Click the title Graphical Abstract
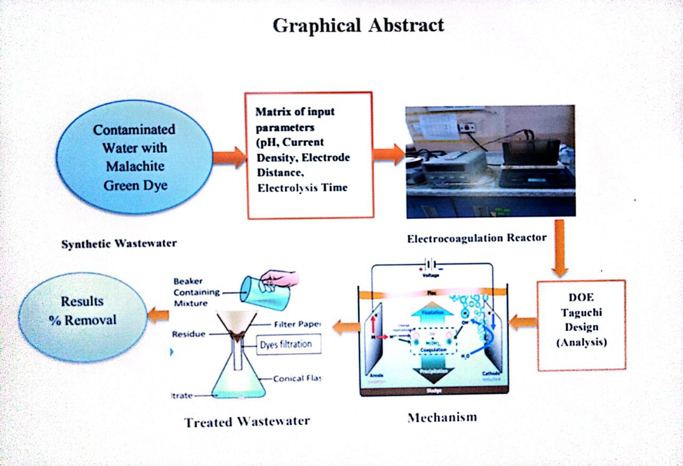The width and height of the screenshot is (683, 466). tap(358, 25)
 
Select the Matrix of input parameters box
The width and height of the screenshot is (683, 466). tap(309, 155)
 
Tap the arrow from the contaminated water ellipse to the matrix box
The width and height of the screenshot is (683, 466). tap(229, 157)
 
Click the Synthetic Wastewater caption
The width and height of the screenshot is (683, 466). tap(118, 244)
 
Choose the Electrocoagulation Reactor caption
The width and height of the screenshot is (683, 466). tap(476, 238)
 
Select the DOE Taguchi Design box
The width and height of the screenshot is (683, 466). tap(582, 324)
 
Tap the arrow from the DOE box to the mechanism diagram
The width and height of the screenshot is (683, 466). tap(522, 322)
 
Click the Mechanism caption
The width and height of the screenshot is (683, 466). tap(442, 417)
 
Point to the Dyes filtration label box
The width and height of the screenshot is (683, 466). tap(289, 344)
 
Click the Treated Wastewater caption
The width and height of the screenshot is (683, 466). tap(247, 422)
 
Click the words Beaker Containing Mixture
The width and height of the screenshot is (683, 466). tap(196, 292)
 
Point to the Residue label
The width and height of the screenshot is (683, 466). tap(189, 335)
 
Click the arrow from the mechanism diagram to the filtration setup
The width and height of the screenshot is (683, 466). tap(346, 327)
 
